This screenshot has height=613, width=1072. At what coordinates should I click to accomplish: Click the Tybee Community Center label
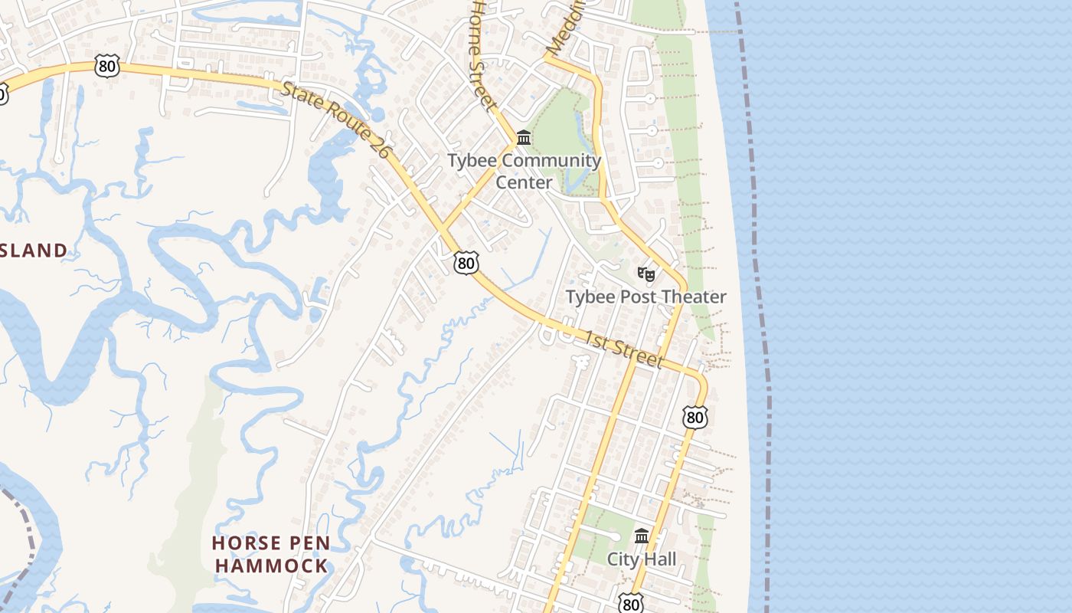(x=525, y=172)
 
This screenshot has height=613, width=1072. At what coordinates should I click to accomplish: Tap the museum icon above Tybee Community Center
(x=525, y=138)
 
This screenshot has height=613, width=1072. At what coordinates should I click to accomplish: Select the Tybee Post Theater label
(x=645, y=297)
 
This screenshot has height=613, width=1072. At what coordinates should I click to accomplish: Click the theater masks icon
(x=646, y=274)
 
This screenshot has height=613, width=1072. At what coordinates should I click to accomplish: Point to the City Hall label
(x=642, y=559)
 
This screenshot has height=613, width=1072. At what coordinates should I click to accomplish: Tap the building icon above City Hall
(x=642, y=536)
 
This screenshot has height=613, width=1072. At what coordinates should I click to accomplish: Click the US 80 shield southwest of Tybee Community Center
(x=466, y=263)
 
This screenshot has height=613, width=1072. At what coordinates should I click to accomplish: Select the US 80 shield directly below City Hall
(x=631, y=604)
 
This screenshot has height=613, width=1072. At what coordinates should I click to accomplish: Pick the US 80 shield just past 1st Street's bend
(x=695, y=417)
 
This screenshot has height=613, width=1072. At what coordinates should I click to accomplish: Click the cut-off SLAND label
(x=34, y=251)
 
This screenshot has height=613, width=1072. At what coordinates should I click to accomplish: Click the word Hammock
(x=272, y=566)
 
